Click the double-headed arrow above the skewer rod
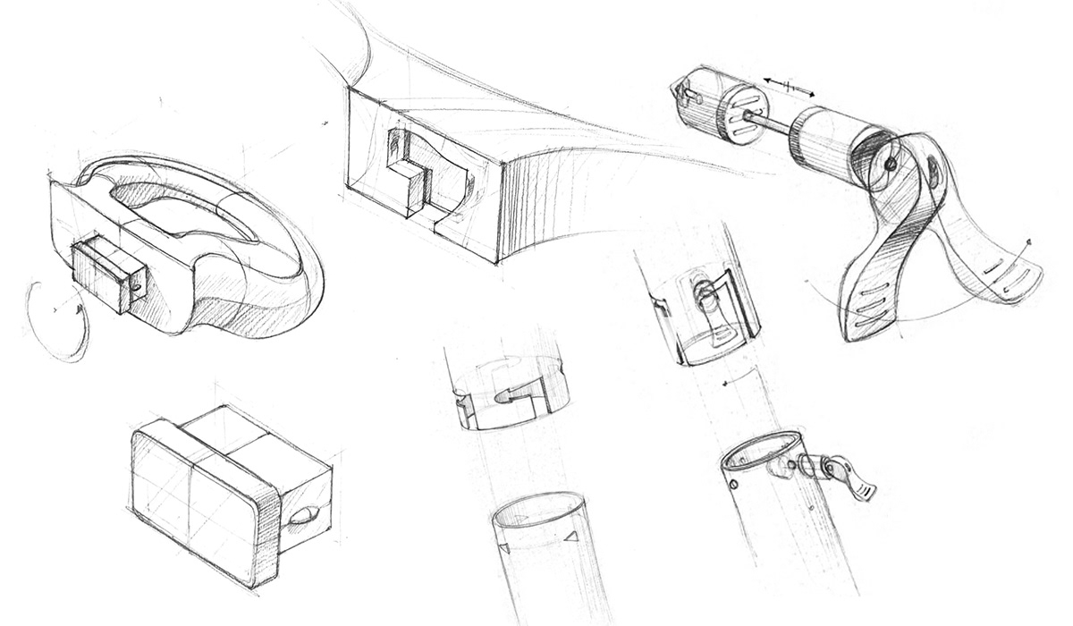(788, 87)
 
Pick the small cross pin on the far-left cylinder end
(684, 90)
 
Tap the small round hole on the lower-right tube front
(733, 486)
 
